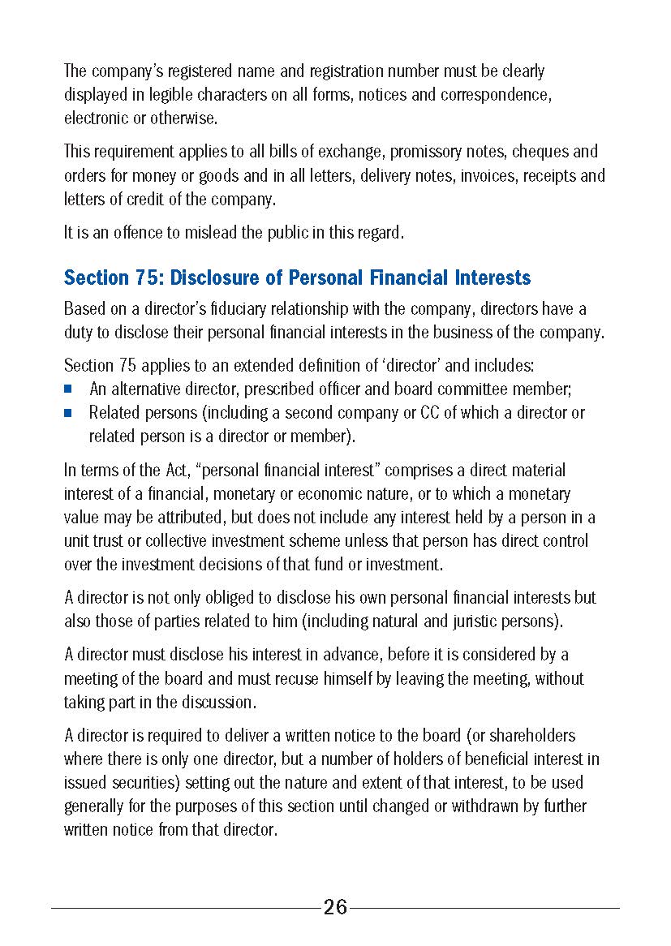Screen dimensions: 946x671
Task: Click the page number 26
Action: tap(335, 907)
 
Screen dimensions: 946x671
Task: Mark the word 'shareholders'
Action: tap(528, 736)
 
